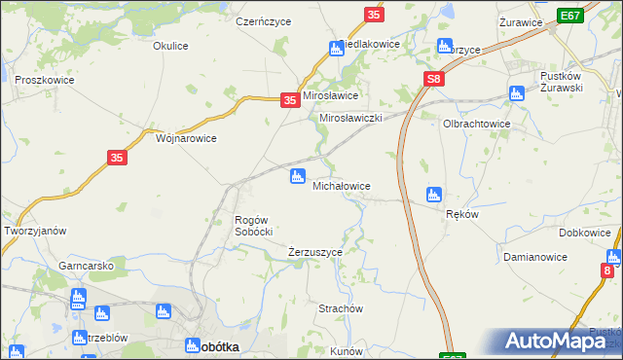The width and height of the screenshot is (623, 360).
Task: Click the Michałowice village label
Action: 340,185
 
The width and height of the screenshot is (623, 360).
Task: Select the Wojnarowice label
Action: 186,138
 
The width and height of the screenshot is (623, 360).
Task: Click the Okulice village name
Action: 170,45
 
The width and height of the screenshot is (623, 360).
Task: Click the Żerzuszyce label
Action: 315,252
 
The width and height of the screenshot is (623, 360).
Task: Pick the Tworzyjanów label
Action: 35,231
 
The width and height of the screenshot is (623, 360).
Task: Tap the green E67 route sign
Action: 570,17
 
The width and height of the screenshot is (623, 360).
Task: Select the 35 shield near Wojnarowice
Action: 117,158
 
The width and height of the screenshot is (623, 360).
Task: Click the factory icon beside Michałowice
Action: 297,176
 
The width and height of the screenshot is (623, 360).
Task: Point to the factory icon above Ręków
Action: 433,195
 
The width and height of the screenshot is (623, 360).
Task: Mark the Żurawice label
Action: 519,21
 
